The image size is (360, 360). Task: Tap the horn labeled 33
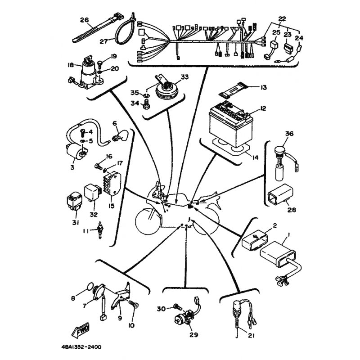167,88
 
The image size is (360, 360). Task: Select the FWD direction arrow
81,330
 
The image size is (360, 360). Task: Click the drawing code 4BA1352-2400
81,346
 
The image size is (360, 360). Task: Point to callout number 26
84,20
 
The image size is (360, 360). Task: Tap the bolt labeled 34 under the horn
146,105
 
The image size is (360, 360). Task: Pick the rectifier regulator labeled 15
112,183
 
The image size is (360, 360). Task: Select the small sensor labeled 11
99,229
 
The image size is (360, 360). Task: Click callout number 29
193,334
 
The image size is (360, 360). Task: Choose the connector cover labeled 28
280,193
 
